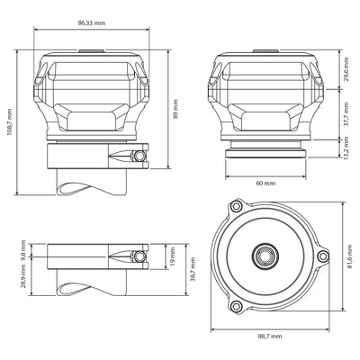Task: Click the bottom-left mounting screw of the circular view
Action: pyautogui.click(x=236, y=307)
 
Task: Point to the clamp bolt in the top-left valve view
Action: pyautogui.click(x=137, y=157)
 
